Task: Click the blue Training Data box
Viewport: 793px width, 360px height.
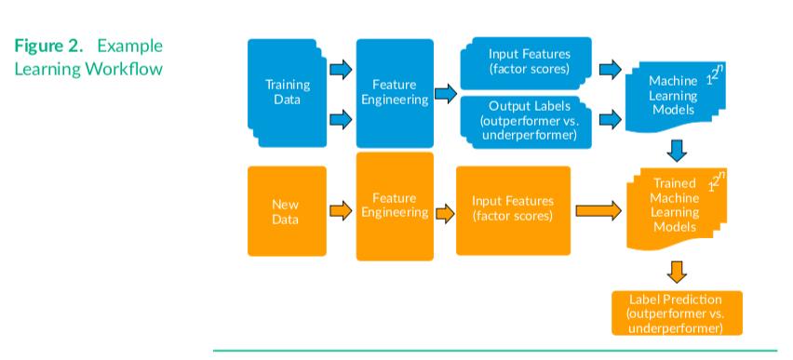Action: point(287,92)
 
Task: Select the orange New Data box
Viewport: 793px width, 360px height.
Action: point(287,210)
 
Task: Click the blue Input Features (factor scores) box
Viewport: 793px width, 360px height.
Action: point(528,61)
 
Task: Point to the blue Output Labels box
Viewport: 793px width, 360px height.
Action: point(528,120)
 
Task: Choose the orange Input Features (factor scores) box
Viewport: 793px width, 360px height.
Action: point(513,210)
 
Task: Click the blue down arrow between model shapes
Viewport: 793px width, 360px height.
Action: point(678,150)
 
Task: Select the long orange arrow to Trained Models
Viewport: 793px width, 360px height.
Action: point(598,211)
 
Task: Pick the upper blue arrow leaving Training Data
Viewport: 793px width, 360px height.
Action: point(341,68)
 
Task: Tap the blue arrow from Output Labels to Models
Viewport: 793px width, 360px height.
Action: point(611,119)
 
